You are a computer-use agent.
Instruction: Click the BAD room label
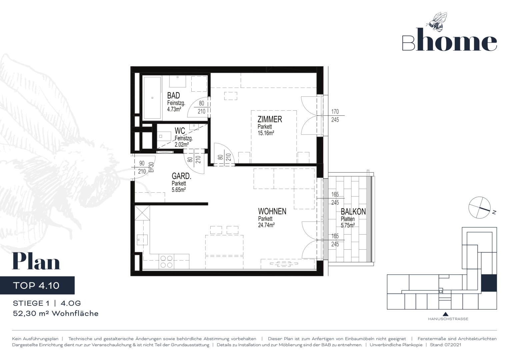click(173, 95)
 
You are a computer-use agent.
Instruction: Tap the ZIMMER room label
click(270, 119)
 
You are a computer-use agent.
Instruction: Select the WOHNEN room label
click(272, 211)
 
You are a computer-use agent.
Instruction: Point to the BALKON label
click(353, 212)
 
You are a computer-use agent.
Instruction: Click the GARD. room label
click(181, 176)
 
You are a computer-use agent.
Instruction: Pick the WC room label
click(180, 131)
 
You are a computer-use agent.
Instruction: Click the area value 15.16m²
click(266, 133)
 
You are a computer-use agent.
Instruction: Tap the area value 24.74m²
click(266, 225)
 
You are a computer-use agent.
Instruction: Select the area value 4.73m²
click(174, 109)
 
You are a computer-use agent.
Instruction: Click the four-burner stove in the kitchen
click(166, 261)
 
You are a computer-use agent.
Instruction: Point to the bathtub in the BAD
click(152, 98)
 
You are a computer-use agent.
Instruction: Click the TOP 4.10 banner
click(37, 285)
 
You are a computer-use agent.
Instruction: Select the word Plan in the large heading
click(36, 261)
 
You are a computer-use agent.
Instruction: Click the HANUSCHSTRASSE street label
click(448, 319)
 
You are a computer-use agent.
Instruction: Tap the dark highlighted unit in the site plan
click(489, 283)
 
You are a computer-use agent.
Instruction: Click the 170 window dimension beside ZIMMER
click(335, 112)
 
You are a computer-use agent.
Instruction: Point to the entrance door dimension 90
click(142, 163)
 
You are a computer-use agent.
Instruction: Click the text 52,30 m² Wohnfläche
click(56, 313)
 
